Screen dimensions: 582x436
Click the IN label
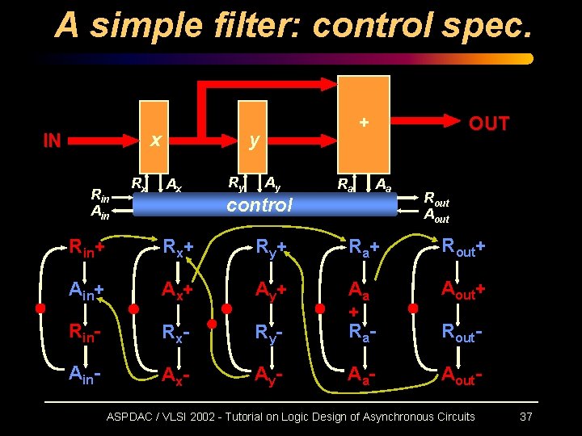(52, 141)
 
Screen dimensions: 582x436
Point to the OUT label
(489, 124)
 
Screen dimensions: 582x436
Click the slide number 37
(525, 417)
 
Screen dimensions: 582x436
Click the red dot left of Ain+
(40, 308)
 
